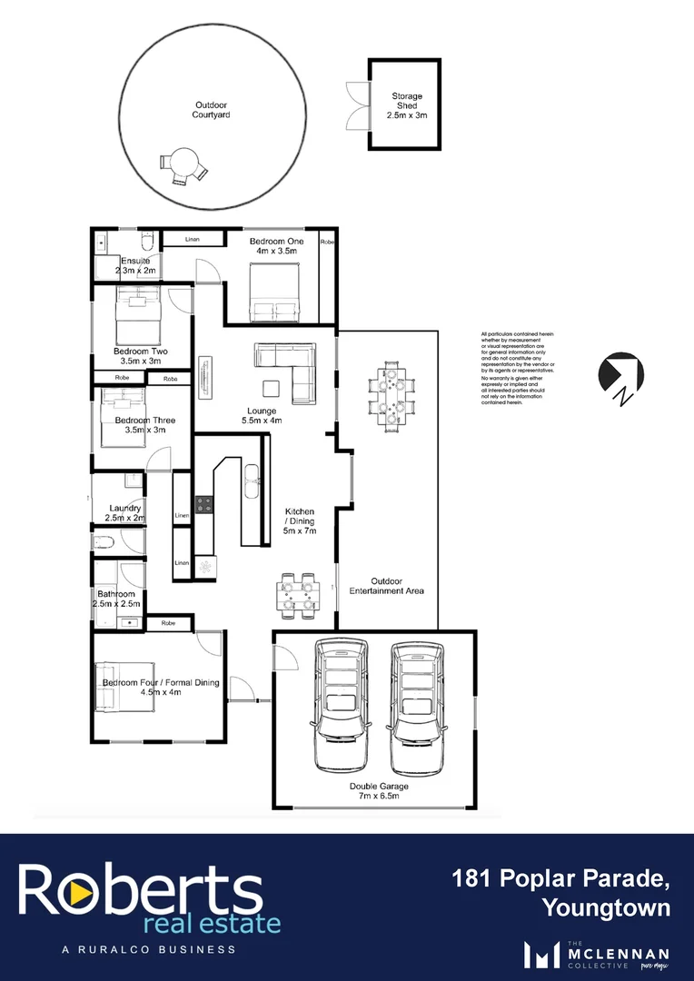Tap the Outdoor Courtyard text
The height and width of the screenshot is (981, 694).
coord(212,110)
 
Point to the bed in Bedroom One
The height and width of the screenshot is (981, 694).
coord(275,292)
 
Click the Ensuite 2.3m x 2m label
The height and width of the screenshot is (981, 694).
coord(134,265)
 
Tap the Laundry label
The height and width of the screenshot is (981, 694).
coord(124,512)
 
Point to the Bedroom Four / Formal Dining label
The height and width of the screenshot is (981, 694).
coord(161,687)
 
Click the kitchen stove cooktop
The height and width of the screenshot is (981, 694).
coord(203,504)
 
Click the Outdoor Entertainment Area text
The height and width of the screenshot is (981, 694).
coord(388,586)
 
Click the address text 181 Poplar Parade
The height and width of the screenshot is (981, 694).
coord(562,878)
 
